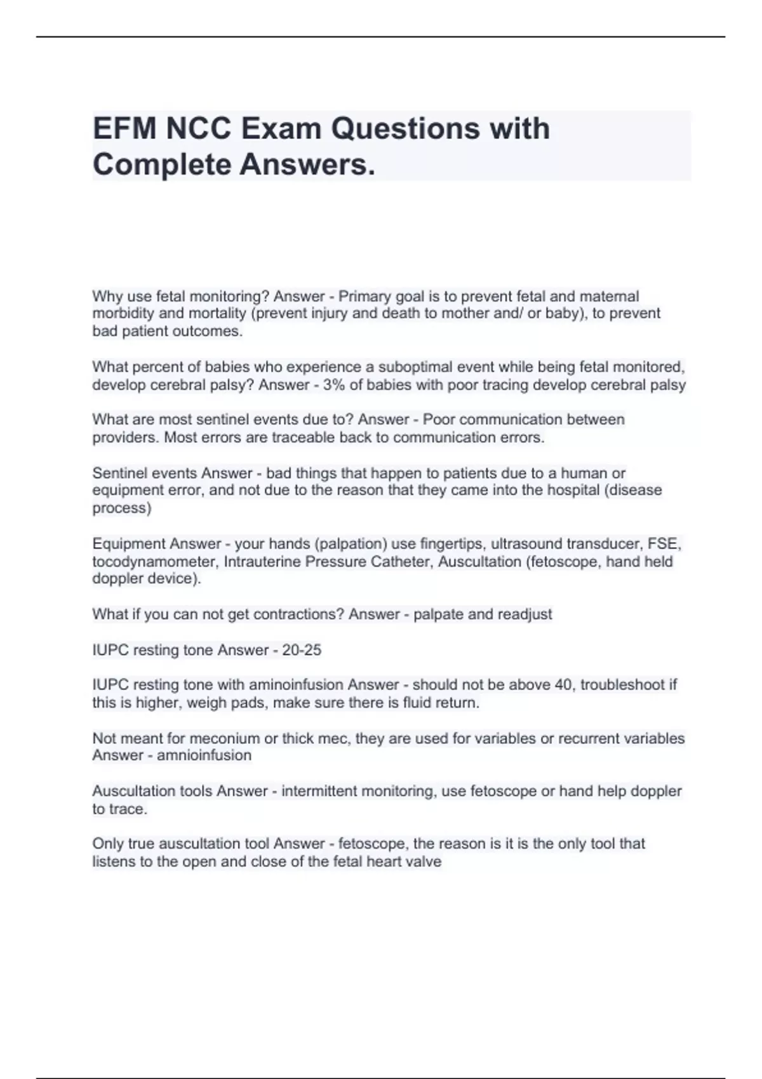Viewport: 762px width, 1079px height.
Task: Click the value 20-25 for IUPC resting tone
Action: click(x=302, y=650)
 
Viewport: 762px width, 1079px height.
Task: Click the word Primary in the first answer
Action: click(x=364, y=296)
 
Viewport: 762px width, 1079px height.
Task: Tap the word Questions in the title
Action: click(x=405, y=129)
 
